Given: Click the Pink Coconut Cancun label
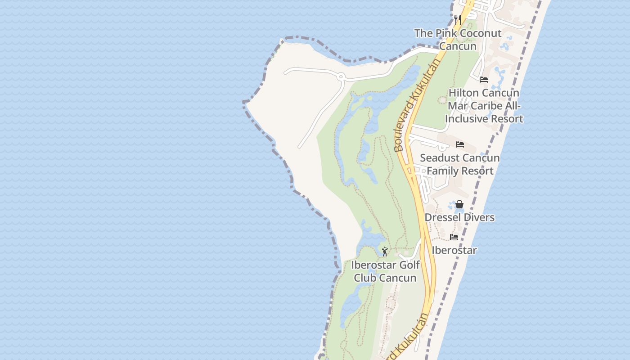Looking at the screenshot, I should (x=457, y=40).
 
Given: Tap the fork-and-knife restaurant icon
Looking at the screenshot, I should (x=458, y=19).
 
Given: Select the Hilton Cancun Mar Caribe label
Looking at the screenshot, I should (x=484, y=106).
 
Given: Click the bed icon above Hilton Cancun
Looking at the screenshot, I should (x=484, y=80).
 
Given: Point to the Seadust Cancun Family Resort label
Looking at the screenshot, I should (x=459, y=164).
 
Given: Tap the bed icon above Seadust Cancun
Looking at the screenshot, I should (x=459, y=144).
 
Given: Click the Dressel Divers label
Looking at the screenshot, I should (x=459, y=217).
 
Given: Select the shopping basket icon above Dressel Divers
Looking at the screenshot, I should (x=459, y=205).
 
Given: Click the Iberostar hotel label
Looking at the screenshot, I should (x=454, y=250).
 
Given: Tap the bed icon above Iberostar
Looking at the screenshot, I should (x=454, y=237).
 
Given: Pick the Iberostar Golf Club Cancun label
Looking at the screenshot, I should (x=385, y=271).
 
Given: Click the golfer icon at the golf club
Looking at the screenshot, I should (x=385, y=252).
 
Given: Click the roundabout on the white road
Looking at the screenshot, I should (x=341, y=77).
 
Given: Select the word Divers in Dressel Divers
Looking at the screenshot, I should (x=478, y=217).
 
